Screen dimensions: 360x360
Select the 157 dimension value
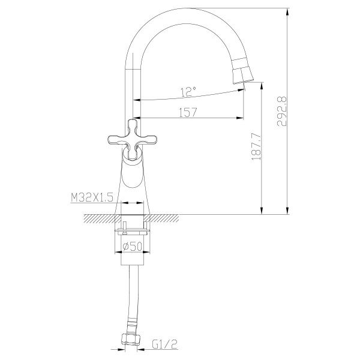point(188,112)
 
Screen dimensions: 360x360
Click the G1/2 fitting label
point(163,344)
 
